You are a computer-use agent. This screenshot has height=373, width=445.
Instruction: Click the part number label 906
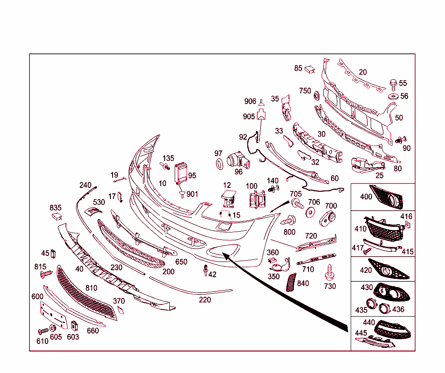pyautogui.click(x=250, y=101)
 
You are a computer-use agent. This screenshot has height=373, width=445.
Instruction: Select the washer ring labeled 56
pyautogui.click(x=393, y=96)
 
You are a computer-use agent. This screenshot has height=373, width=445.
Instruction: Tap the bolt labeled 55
pyautogui.click(x=393, y=85)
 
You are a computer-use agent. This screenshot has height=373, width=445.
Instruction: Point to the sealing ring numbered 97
pyautogui.click(x=219, y=164)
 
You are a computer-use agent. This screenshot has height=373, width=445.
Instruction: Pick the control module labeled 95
pyautogui.click(x=181, y=173)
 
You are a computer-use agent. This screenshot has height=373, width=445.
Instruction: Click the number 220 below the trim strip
pyautogui.click(x=205, y=300)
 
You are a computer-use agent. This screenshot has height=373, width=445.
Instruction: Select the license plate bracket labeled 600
pyautogui.click(x=54, y=315)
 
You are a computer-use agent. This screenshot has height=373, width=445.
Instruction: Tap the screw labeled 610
pyautogui.click(x=43, y=331)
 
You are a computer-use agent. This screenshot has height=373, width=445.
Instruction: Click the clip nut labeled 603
pyautogui.click(x=74, y=326)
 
